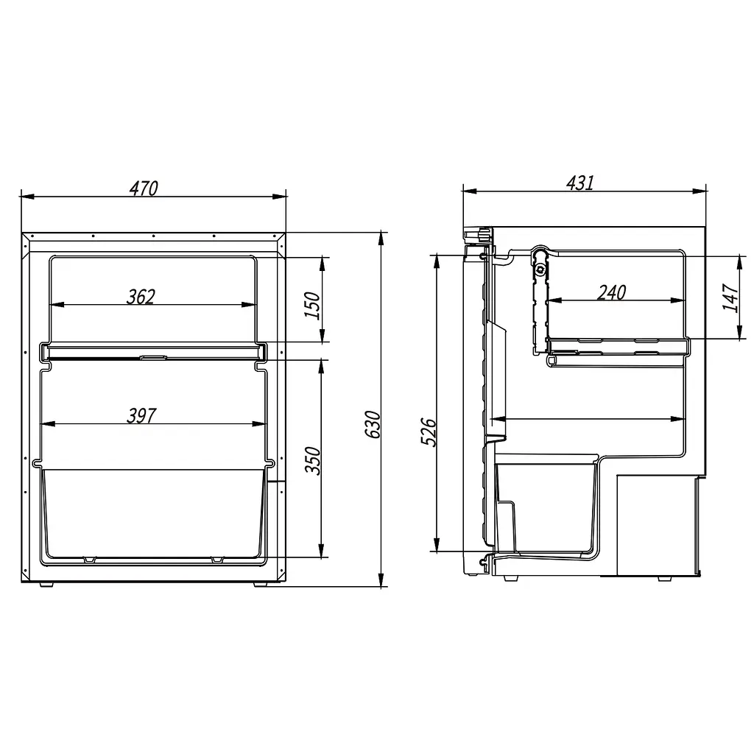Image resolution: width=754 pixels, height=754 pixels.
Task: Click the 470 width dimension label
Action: (x=144, y=188)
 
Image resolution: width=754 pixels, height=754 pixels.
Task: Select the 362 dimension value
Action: (x=141, y=297)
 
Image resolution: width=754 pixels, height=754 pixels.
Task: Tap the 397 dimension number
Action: (x=141, y=415)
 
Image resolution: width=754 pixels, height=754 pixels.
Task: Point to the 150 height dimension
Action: (x=311, y=305)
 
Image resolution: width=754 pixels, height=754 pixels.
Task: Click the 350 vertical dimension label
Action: (x=312, y=460)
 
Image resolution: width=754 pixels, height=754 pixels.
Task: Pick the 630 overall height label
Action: (x=373, y=424)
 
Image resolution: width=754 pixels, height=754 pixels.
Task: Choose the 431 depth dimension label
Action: (x=580, y=183)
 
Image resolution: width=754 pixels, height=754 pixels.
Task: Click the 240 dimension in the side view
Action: (x=612, y=292)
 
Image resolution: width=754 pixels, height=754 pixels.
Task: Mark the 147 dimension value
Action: (x=730, y=297)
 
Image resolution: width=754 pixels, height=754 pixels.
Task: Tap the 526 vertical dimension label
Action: (x=429, y=432)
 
